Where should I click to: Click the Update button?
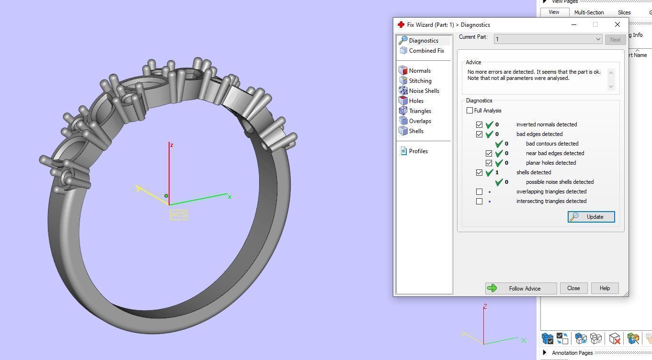point(591,217)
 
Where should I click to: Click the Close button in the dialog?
point(573,288)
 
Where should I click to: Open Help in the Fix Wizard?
point(604,288)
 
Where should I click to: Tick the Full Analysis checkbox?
point(469,111)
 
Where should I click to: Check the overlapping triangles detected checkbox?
point(479,191)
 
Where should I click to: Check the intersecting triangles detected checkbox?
point(479,201)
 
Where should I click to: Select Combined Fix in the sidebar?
point(426,51)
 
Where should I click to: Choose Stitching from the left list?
point(420,81)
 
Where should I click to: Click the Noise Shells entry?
point(423,91)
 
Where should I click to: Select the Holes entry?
point(416,101)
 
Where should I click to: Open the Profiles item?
point(418,151)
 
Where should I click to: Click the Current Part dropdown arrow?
point(598,39)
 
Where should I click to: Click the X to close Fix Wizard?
point(617,24)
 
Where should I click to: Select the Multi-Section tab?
point(589,12)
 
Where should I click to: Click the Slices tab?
point(624,12)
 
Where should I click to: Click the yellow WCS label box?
point(178,214)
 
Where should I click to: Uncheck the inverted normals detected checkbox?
point(479,124)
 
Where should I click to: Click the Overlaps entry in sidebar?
point(420,121)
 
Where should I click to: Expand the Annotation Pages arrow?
point(545,353)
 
